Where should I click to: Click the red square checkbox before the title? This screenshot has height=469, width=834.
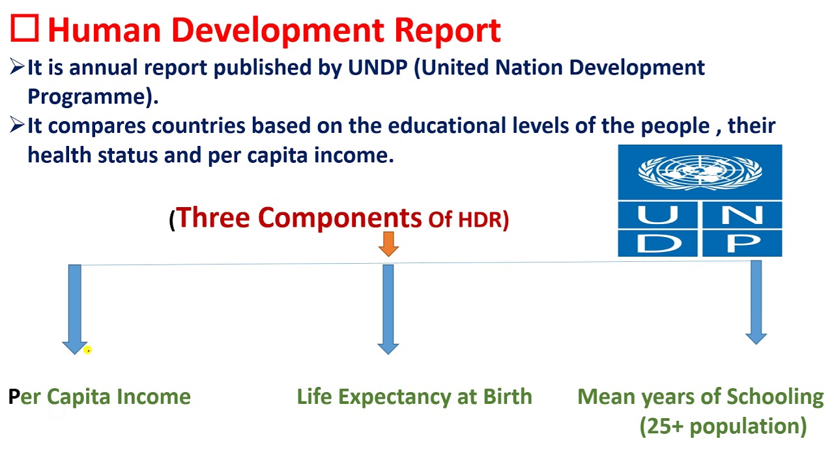(25, 29)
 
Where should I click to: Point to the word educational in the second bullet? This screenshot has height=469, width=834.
(446, 126)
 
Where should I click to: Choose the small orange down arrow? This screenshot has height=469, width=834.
(388, 244)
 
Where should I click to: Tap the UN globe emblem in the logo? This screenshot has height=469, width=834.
(700, 172)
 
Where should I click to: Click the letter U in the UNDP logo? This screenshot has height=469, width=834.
(657, 214)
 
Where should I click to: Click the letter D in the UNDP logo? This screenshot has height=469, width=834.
(657, 243)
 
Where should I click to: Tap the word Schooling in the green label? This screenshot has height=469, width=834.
(775, 397)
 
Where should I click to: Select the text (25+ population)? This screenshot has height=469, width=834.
(723, 426)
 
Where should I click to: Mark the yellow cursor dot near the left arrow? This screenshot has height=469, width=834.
(87, 350)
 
